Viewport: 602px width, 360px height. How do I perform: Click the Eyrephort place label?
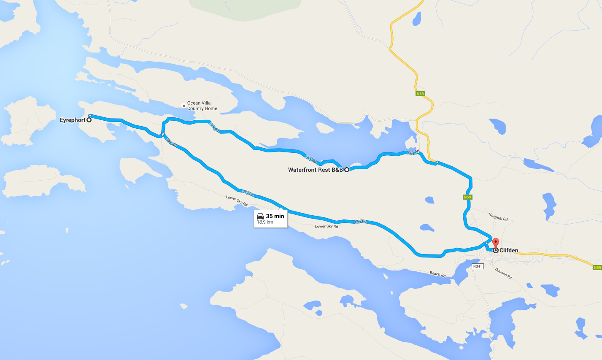pos(73,120)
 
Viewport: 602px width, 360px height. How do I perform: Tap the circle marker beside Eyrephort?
pos(89,120)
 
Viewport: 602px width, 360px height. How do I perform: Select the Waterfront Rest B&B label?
pos(315,170)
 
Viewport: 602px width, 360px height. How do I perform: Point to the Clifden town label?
pos(509,250)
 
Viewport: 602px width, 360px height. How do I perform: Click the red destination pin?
pos(496,243)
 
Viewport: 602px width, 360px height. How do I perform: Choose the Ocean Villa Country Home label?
pos(202,106)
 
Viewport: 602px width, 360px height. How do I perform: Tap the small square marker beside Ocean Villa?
pos(183,106)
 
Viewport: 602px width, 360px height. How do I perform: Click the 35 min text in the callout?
pos(275,216)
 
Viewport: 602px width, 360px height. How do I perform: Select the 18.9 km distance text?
pos(265,222)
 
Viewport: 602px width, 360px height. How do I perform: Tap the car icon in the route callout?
pos(260,216)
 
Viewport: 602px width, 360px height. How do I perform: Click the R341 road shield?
pos(478,266)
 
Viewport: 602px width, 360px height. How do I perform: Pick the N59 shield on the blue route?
pos(467,197)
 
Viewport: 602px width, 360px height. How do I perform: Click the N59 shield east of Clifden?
pos(597,268)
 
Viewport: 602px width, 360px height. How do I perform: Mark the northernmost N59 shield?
pos(420,94)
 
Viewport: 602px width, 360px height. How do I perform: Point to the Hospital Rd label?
pos(498,217)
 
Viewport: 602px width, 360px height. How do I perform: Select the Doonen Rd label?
pos(503,273)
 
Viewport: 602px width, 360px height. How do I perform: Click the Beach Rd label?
pos(437,274)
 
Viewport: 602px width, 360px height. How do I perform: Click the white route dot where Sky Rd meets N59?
pos(437,162)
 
